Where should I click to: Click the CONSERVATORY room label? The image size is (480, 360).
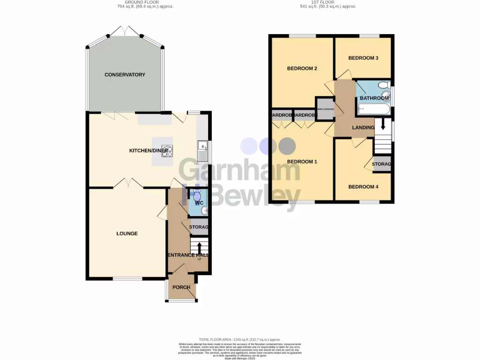[125, 75]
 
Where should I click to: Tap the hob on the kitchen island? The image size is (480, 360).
[168, 151]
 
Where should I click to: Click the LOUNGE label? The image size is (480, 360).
[127, 233]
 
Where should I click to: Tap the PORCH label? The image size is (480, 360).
[181, 287]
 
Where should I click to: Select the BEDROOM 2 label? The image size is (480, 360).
[302, 68]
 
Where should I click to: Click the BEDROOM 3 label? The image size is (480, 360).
[363, 58]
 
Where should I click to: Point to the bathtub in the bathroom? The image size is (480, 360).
[374, 110]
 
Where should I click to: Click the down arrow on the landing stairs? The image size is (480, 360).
[383, 124]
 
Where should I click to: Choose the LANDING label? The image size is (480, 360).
[363, 127]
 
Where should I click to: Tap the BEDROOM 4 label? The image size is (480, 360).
[363, 187]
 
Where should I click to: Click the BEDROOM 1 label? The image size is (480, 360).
[302, 162]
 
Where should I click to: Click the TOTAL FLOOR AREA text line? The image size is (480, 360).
[240, 339]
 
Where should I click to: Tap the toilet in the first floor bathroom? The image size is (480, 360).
[384, 85]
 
